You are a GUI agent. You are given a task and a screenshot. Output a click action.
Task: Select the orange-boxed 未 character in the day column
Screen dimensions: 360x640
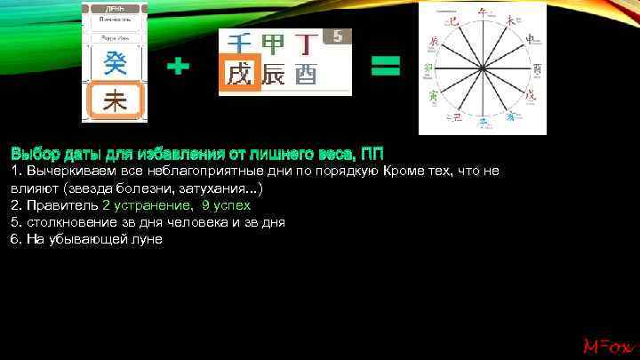coord(115,101)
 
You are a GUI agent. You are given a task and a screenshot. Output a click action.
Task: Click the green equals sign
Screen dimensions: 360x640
coord(384,65)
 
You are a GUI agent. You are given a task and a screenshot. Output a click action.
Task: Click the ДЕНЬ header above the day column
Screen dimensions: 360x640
coord(115,6)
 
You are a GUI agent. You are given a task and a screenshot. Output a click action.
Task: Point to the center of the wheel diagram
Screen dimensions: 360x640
coord(483,68)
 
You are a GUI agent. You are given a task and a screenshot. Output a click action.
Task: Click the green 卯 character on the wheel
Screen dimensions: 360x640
coord(428,68)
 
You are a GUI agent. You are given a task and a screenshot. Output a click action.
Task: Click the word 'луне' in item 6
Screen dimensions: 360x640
coord(145,239)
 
